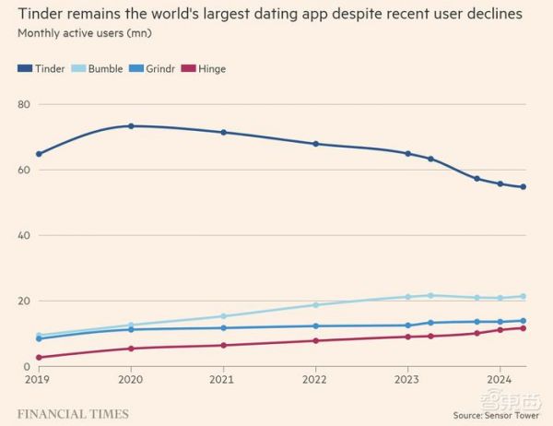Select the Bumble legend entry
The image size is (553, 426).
[110, 68]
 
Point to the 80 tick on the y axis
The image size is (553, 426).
[25, 105]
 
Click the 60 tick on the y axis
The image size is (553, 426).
[25, 171]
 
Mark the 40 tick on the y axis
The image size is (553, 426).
[25, 236]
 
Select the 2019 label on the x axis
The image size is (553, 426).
[39, 380]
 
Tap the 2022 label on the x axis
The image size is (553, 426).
[315, 380]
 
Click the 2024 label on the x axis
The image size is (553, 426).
[500, 380]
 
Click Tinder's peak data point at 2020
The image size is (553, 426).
[131, 126]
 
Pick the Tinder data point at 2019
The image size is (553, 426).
[39, 154]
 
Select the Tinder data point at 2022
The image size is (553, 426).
[315, 144]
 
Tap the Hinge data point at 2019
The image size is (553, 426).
[39, 357]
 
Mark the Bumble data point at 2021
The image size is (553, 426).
[223, 316]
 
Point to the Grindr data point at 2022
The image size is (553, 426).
[315, 325]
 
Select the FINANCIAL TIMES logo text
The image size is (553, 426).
[72, 414]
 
